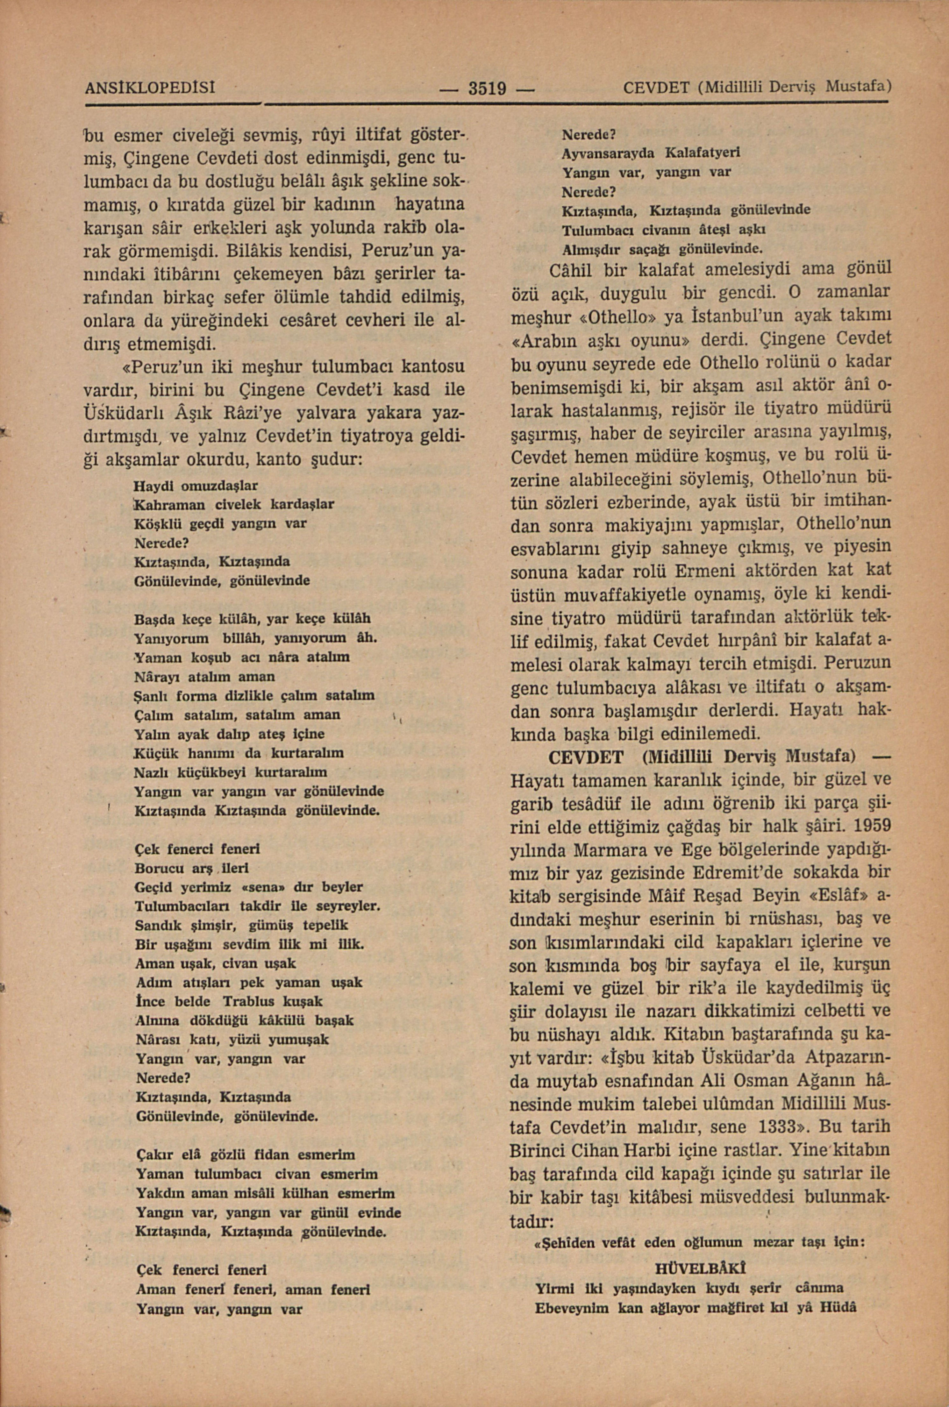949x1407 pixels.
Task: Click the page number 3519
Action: tap(487, 89)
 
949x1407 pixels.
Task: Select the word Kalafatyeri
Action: tap(702, 153)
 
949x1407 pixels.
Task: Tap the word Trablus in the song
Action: tap(253, 1001)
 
